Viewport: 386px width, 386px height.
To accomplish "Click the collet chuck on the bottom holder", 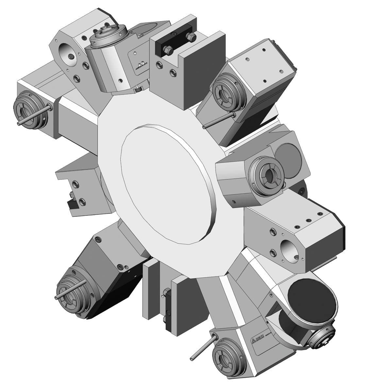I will [x=228, y=357].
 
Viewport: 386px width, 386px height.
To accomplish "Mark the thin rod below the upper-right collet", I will [x=218, y=121].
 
